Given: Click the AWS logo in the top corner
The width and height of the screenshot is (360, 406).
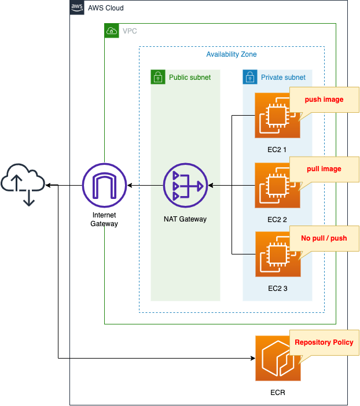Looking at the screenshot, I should point(76,8).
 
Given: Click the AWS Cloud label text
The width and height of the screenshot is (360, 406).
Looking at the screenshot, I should point(105,8).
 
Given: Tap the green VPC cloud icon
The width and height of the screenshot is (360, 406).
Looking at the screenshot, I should point(111,31).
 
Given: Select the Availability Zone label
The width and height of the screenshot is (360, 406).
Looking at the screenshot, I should point(232,54).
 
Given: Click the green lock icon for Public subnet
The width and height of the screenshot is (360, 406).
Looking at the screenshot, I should point(157,77).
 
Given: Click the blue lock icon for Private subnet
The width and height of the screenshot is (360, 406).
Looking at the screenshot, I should point(249,77).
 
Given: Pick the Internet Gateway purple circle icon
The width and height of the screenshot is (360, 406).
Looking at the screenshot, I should point(104,186).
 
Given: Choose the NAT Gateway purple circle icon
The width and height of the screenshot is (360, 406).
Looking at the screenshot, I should point(185,186).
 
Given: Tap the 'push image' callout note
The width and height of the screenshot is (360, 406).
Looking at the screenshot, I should point(324,99).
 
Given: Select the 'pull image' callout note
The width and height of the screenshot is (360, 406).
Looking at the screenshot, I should point(324,169).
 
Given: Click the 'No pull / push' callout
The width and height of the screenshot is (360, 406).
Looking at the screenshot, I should point(324,238).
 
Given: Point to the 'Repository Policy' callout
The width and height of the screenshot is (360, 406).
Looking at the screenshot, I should point(324,342).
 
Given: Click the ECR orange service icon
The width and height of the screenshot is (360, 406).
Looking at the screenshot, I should point(278,359).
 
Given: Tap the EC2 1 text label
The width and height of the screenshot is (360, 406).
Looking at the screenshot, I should point(277,150).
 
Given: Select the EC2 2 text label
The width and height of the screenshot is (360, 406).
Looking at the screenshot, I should point(277,219).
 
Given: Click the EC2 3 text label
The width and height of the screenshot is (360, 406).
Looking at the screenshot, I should point(277,289).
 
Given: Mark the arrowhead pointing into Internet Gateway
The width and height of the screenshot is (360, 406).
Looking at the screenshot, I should point(131,186).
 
